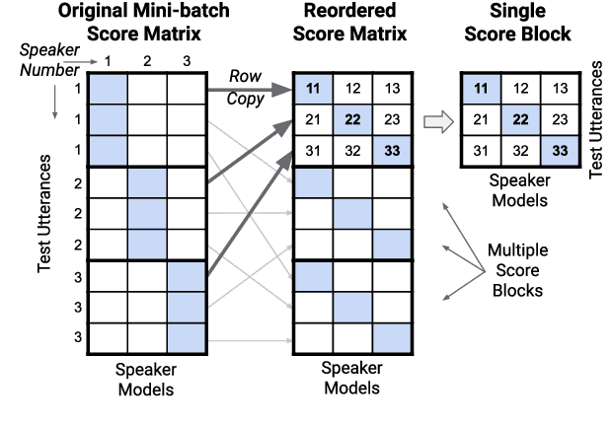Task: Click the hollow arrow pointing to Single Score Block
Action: pos(434,121)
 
